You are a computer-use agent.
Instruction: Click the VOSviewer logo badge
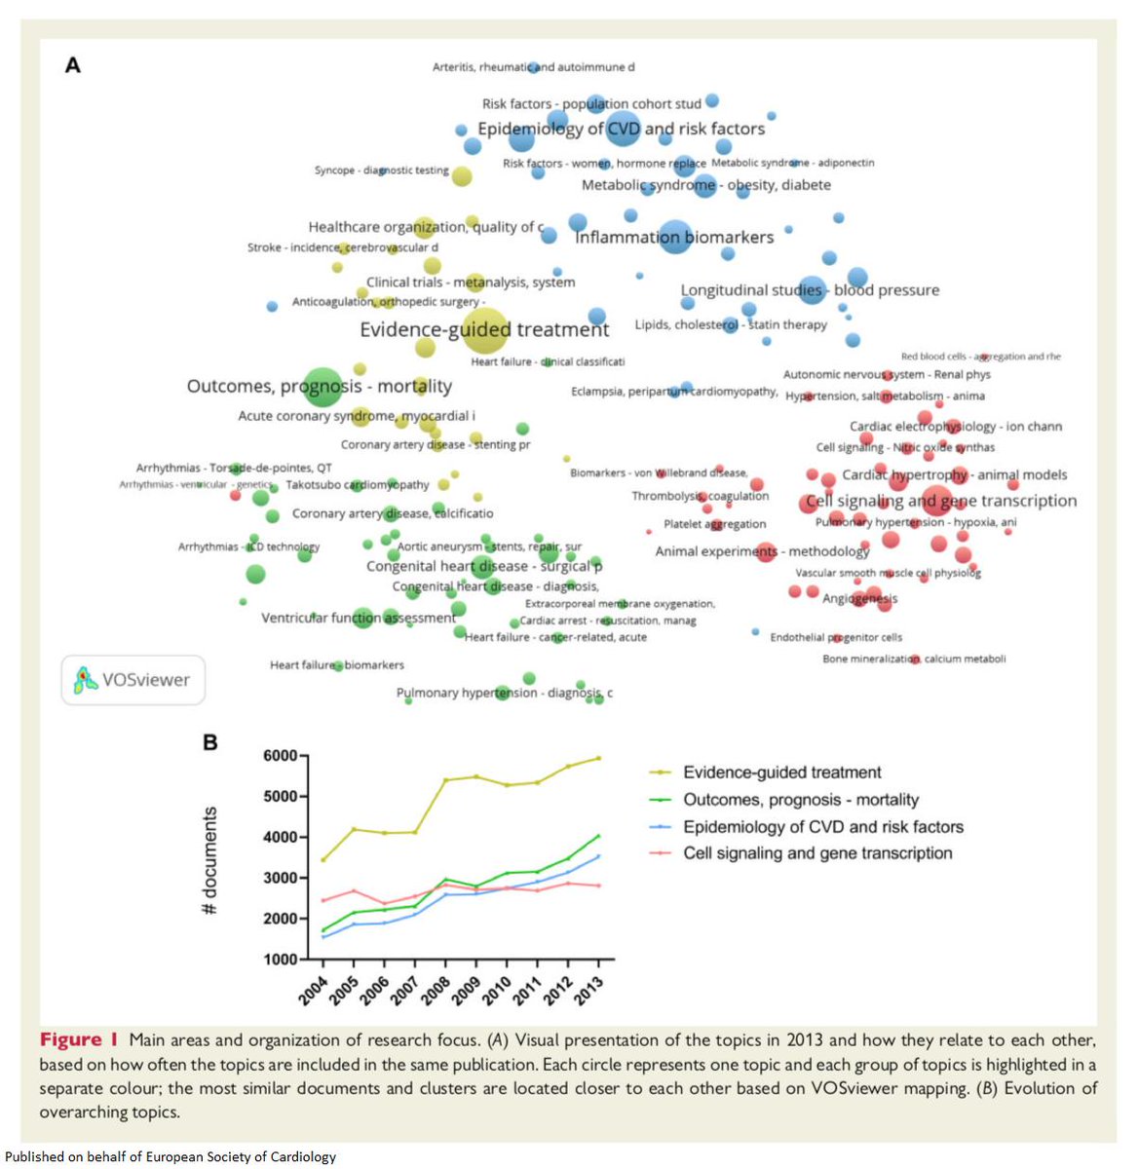pyautogui.click(x=133, y=679)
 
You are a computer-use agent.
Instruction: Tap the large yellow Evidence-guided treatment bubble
pyautogui.click(x=484, y=331)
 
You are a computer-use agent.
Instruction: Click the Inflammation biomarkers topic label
pyautogui.click(x=674, y=237)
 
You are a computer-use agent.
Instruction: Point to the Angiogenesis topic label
pyautogui.click(x=859, y=598)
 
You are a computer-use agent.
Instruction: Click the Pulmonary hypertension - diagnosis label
pyautogui.click(x=504, y=693)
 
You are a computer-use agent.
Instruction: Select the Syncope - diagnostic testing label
pyautogui.click(x=381, y=170)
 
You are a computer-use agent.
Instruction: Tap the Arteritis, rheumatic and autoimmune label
pyautogui.click(x=533, y=67)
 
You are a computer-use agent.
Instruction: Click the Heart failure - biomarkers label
pyautogui.click(x=336, y=664)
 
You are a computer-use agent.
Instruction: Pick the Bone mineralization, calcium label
pyautogui.click(x=914, y=659)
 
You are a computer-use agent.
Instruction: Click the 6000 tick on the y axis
pyautogui.click(x=280, y=756)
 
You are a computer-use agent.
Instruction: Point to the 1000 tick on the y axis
pyautogui.click(x=280, y=960)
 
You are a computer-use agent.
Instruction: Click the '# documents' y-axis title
pyautogui.click(x=209, y=860)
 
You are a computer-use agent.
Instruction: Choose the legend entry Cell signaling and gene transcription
pyautogui.click(x=817, y=853)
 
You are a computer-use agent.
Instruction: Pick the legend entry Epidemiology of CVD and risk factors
pyautogui.click(x=822, y=827)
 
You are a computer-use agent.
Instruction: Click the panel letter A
pyautogui.click(x=72, y=66)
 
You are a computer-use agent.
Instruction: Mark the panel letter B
pyautogui.click(x=209, y=742)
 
